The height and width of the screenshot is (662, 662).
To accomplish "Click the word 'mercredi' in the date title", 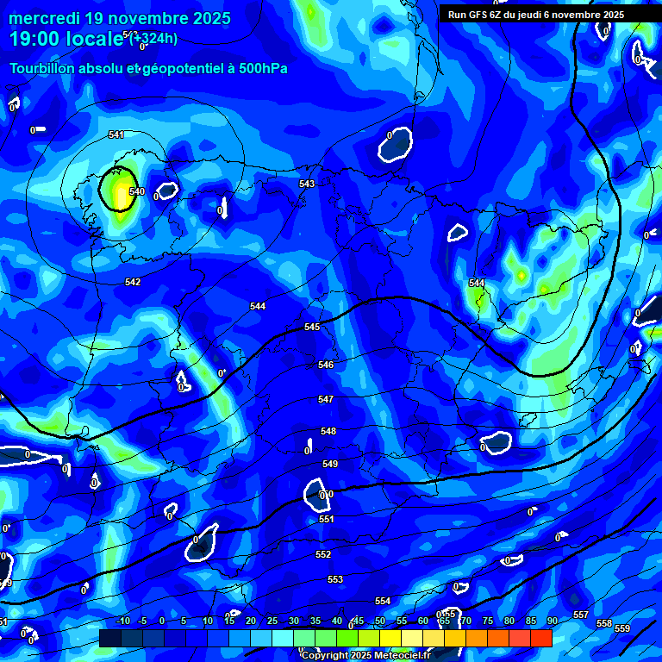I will coord(46,18).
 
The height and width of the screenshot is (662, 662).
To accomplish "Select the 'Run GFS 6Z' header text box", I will coord(535,15).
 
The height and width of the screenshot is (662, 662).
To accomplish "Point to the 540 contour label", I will coord(136,191).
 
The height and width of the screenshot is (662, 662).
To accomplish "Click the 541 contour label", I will coord(116,134).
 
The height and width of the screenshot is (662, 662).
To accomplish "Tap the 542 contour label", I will coord(133,282).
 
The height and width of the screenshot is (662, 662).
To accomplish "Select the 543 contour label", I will coord(307,184).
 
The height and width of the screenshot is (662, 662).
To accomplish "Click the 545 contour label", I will coord(312,327).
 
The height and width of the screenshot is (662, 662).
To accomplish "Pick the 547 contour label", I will coord(326,399).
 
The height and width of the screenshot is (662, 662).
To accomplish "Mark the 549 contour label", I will coord(330,464).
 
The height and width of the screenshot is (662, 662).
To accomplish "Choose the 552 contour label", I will coord(323,554).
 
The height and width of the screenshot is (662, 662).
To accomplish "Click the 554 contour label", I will coord(383,600).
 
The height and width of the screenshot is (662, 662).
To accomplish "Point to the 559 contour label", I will coord(622,628).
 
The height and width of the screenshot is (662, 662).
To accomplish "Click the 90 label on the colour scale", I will coord(552,621).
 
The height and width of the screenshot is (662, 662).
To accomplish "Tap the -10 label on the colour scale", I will coord(122,621).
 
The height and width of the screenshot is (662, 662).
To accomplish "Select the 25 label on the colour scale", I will coord(272,621).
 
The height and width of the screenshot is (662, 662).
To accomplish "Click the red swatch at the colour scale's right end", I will coord(541,638).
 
